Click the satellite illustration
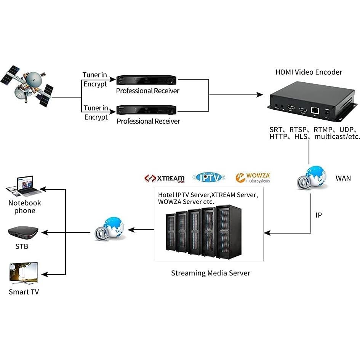[27, 85]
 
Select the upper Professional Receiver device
[146, 80]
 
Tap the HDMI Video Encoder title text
[309, 72]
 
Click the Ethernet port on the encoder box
[315, 110]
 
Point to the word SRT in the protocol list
[277, 130]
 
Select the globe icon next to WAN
[312, 178]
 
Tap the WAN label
[343, 178]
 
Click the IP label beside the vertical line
[318, 215]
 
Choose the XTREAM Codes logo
[165, 178]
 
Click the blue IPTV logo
[209, 177]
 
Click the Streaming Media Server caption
[211, 273]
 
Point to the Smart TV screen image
[24, 273]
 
